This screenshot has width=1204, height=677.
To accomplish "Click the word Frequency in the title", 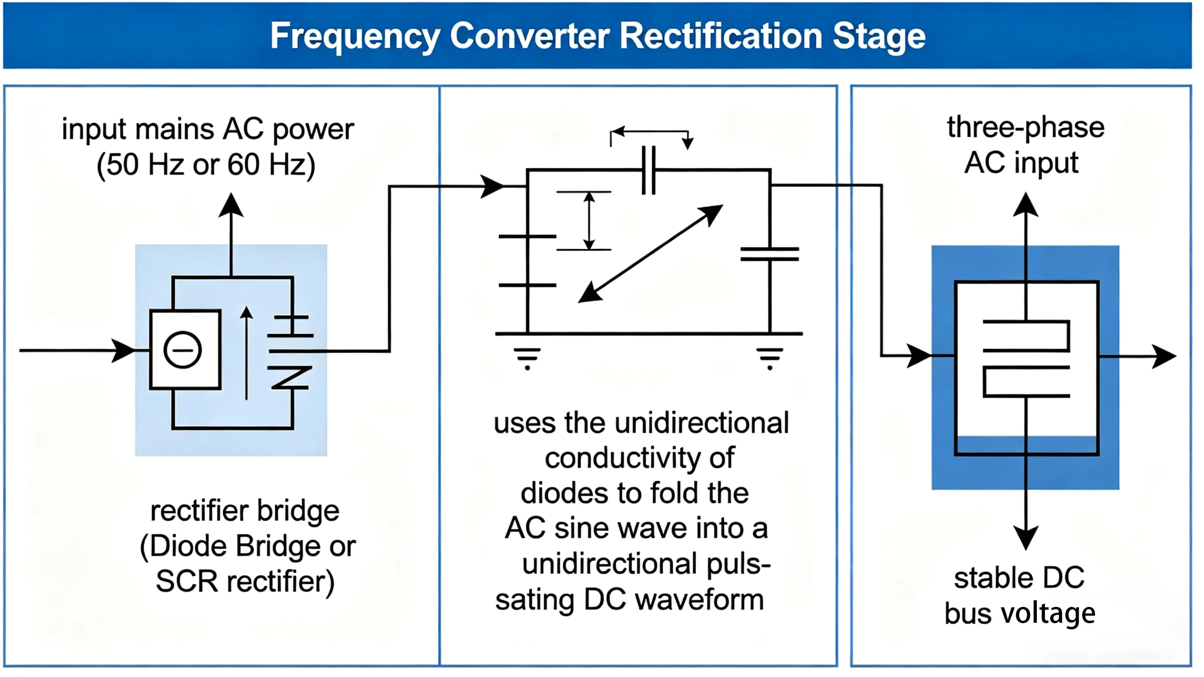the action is pyautogui.click(x=355, y=37).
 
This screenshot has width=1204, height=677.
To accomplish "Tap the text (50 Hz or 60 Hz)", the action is pyautogui.click(x=206, y=165).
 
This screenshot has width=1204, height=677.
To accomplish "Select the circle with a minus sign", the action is pyautogui.click(x=183, y=350).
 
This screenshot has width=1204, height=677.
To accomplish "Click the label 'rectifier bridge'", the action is pyautogui.click(x=245, y=511).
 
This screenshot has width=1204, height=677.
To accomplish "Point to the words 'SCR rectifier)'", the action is pyautogui.click(x=245, y=581).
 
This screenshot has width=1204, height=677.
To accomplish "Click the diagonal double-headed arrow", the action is pyautogui.click(x=651, y=254).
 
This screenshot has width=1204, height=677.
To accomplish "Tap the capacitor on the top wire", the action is pyautogui.click(x=649, y=170).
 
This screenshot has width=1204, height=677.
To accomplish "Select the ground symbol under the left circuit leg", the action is pyautogui.click(x=527, y=358).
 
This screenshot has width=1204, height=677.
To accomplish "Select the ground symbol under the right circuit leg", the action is pyautogui.click(x=770, y=358).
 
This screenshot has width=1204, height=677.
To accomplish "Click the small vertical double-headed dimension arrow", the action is pyautogui.click(x=589, y=221).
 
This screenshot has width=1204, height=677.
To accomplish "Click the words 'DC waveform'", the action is pyautogui.click(x=674, y=599).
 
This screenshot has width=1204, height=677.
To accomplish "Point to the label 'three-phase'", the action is pyautogui.click(x=1026, y=127).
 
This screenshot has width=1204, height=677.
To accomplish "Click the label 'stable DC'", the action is pyautogui.click(x=1019, y=578).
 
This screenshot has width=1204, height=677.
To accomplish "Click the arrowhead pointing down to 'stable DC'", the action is pyautogui.click(x=1026, y=538).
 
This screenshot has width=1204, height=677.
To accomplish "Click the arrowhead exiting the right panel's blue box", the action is pyautogui.click(x=1164, y=356).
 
